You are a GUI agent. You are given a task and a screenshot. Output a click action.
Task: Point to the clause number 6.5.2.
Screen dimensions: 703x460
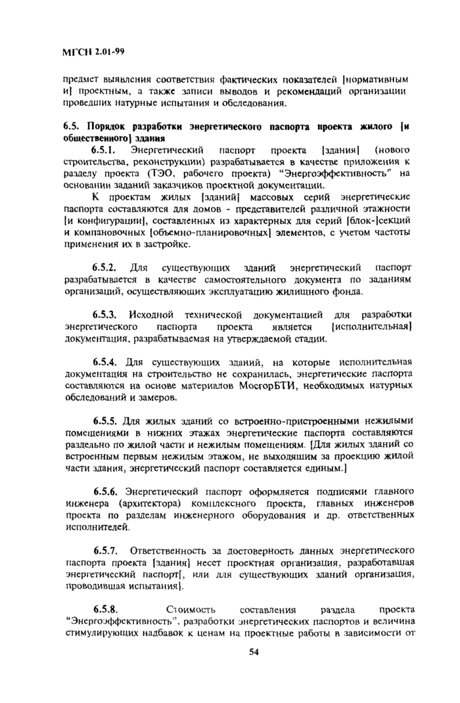[105, 268]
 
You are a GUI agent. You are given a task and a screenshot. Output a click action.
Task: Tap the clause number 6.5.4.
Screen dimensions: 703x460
[105, 361]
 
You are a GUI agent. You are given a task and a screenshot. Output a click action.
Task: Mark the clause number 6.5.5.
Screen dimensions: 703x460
[105, 420]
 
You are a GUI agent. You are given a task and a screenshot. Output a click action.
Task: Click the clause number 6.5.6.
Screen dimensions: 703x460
[105, 491]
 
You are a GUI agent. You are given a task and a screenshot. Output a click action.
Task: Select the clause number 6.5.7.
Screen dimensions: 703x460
[105, 549]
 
